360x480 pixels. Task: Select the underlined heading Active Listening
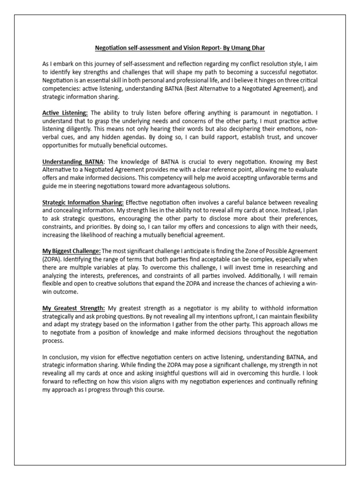coord(65,113)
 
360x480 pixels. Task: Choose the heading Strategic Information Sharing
coord(83,202)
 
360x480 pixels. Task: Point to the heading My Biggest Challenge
coord(71,251)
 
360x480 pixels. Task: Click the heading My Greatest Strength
coord(74,308)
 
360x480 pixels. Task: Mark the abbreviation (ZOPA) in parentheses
coord(52,260)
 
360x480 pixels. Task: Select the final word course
coord(153,390)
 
